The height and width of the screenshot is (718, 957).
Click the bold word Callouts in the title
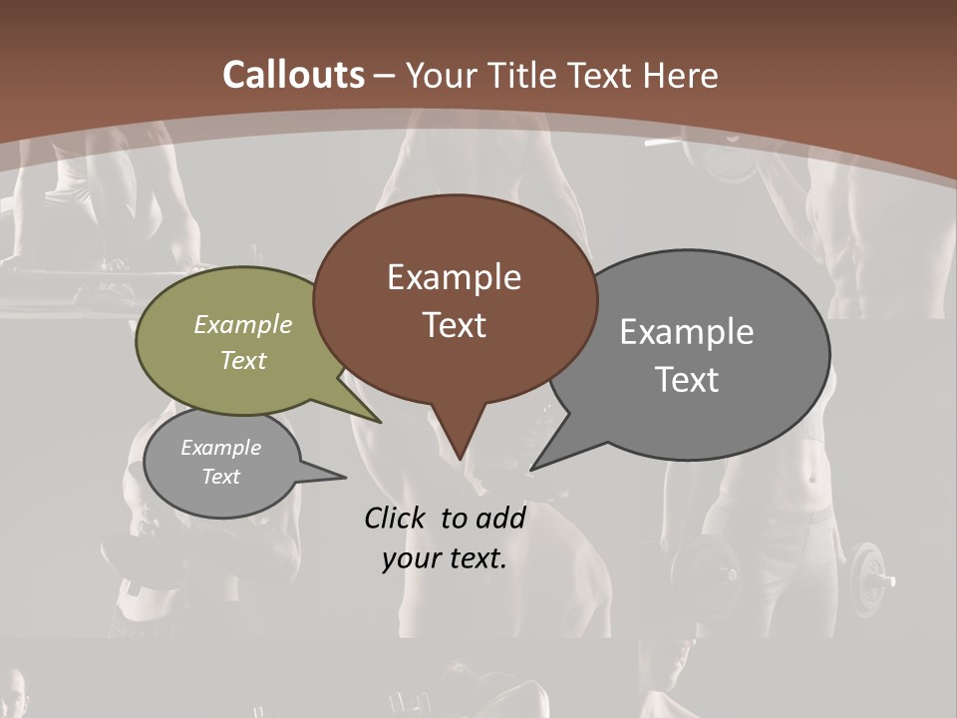[x=294, y=75]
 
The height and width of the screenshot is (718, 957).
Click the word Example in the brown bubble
[x=454, y=277]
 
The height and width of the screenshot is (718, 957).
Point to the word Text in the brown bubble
[x=454, y=325]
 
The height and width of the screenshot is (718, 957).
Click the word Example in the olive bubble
[x=243, y=325]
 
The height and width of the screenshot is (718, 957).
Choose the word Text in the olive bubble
[x=243, y=360]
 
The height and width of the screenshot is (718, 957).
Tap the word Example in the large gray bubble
[x=687, y=332]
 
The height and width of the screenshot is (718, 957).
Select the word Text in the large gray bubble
[x=687, y=380]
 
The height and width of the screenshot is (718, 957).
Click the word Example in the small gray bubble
[x=221, y=448]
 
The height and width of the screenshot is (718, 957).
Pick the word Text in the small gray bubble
[x=221, y=477]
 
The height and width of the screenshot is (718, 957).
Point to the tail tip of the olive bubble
[x=380, y=422]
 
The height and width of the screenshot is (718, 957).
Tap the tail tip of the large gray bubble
[x=533, y=468]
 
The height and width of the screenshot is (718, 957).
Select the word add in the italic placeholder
[x=500, y=518]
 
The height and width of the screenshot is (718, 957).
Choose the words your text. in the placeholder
[x=445, y=558]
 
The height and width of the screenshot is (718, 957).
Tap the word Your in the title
[x=440, y=76]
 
